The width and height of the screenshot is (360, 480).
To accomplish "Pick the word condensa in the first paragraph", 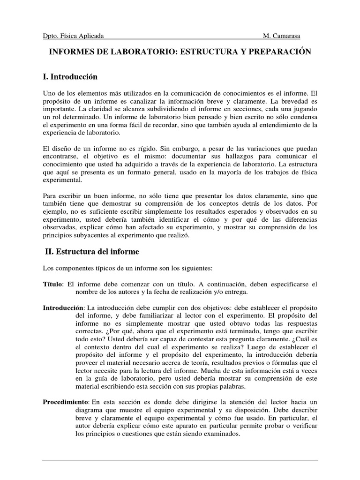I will pos(302,116).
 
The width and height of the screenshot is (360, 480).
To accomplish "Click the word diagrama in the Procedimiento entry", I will pos(91,410).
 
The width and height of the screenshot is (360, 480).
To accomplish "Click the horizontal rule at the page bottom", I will pos(180,460).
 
